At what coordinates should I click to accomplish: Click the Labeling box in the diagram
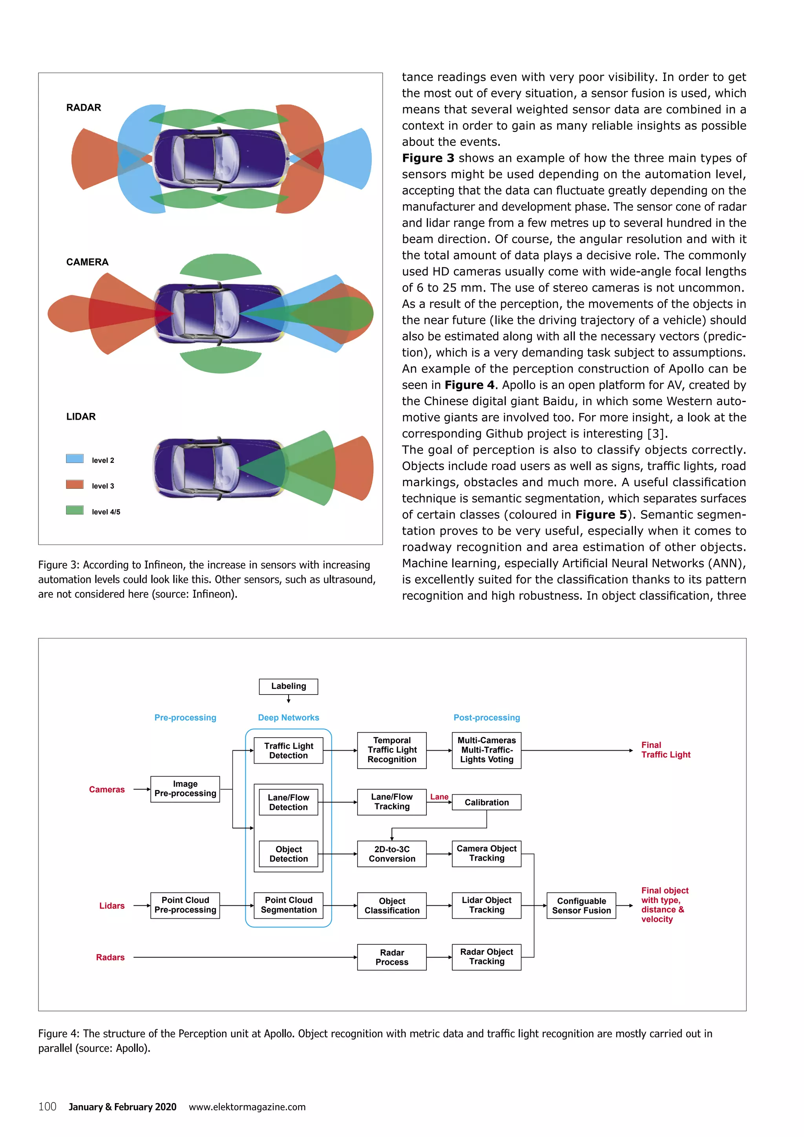coord(288,686)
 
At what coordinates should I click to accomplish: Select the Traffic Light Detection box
coord(288,750)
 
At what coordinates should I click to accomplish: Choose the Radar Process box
coord(392,957)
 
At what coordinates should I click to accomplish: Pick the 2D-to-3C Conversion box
coord(392,854)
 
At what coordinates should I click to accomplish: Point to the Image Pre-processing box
coord(185,789)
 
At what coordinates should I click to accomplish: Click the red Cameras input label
coord(107,790)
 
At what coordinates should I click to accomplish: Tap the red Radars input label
coord(110,957)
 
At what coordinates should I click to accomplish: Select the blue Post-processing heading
coord(487,718)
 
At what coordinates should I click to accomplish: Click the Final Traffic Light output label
coord(665,750)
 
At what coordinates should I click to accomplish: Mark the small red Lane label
coord(439,797)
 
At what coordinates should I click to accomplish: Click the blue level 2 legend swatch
coord(75,459)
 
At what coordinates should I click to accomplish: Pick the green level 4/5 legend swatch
coord(75,510)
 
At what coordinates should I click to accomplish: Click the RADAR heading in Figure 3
coord(84,108)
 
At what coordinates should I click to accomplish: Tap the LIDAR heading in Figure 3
coord(81,417)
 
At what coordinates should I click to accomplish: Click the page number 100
coord(48,1107)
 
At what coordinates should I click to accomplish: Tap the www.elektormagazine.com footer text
coord(247,1107)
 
